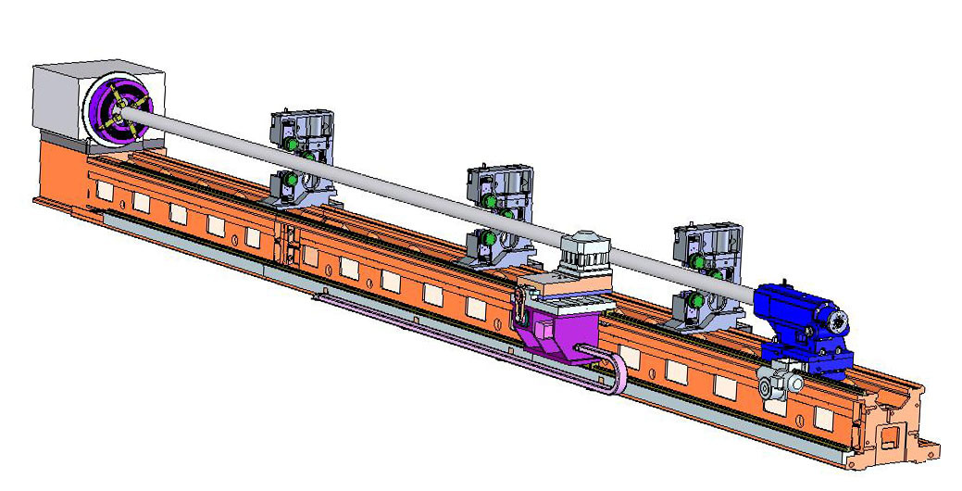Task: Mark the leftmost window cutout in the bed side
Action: click(x=105, y=191)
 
